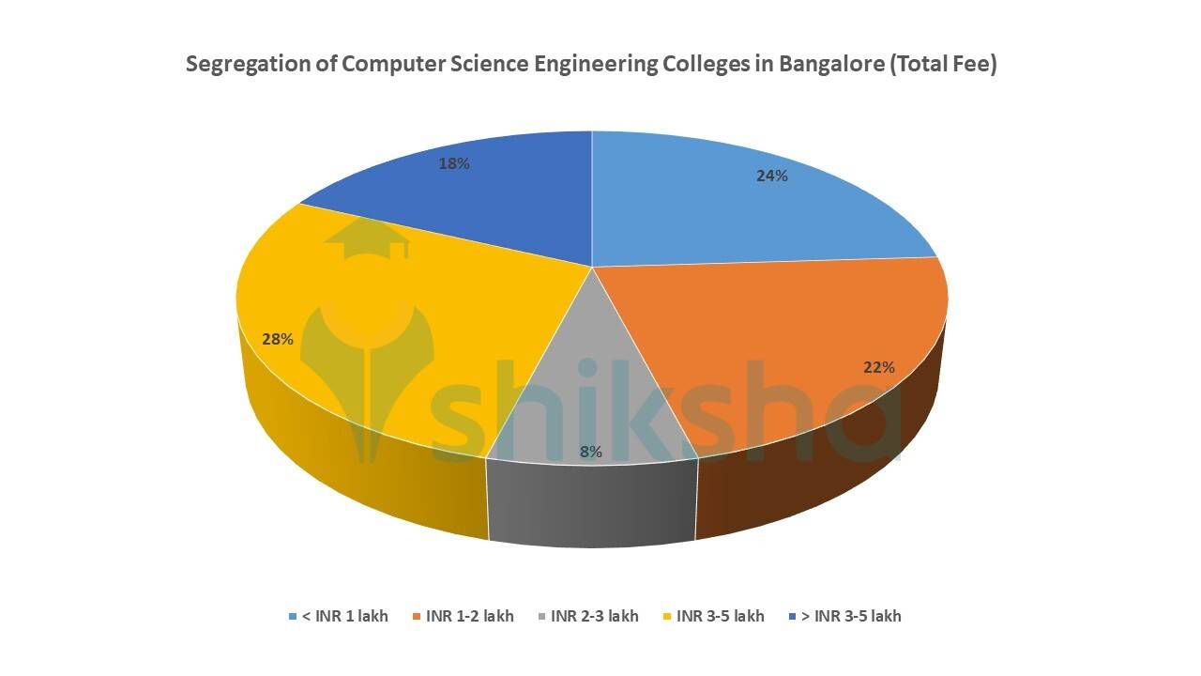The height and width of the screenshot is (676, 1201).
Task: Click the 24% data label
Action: click(771, 176)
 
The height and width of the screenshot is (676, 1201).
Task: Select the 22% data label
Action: click(879, 367)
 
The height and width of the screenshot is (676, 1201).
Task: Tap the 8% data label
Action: click(590, 452)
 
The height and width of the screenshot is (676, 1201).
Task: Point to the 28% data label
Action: click(278, 339)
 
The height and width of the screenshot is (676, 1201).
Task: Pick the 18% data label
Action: click(454, 162)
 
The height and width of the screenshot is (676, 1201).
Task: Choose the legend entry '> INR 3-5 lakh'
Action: click(852, 616)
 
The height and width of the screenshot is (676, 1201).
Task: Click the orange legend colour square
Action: click(417, 617)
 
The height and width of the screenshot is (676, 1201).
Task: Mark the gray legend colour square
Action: click(542, 617)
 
